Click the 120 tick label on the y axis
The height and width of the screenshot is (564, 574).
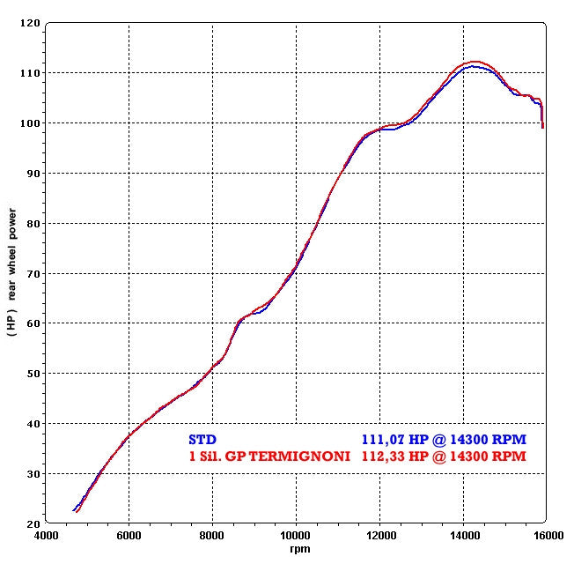pyautogui.click(x=30, y=23)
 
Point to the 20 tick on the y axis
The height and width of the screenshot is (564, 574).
pyautogui.click(x=33, y=523)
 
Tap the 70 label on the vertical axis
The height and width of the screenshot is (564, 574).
pyautogui.click(x=33, y=273)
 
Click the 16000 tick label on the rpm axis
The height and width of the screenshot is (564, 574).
pyautogui.click(x=546, y=535)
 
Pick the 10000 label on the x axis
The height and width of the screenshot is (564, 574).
pyautogui.click(x=296, y=535)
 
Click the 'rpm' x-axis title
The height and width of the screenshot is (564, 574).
pyautogui.click(x=296, y=548)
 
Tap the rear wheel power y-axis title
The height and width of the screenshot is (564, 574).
pyautogui.click(x=12, y=273)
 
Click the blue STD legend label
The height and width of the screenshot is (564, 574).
pyautogui.click(x=202, y=439)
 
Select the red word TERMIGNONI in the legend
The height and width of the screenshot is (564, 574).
pyautogui.click(x=303, y=456)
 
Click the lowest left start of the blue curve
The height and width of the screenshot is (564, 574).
pyautogui.click(x=73, y=510)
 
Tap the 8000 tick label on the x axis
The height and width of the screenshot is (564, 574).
pyautogui.click(x=212, y=535)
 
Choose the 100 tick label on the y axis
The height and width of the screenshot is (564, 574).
pyautogui.click(x=30, y=123)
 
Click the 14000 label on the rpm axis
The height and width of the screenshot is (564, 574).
pyautogui.click(x=463, y=535)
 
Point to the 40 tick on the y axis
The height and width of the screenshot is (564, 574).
pyautogui.click(x=33, y=424)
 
